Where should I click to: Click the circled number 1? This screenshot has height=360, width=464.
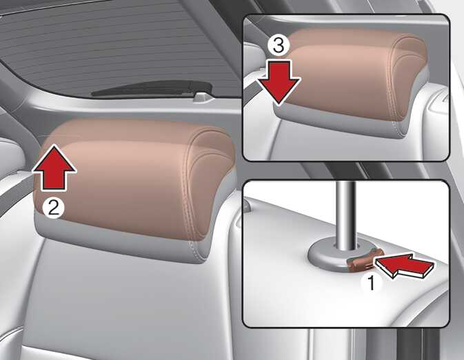click(371, 281)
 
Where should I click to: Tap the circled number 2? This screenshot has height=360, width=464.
click(53, 208)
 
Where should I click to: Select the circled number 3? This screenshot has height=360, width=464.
click(278, 46)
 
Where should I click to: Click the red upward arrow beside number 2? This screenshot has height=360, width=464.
click(54, 168)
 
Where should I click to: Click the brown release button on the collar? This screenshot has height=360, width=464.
click(365, 260)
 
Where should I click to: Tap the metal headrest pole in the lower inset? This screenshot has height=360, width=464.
click(346, 216)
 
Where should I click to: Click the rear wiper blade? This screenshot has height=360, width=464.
click(152, 88)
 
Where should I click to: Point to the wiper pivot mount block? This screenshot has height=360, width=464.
click(203, 97)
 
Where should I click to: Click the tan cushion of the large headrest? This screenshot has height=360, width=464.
click(133, 178)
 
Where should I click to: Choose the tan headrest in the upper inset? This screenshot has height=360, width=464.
click(355, 74)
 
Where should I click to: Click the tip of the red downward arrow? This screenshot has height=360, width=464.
click(279, 105)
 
